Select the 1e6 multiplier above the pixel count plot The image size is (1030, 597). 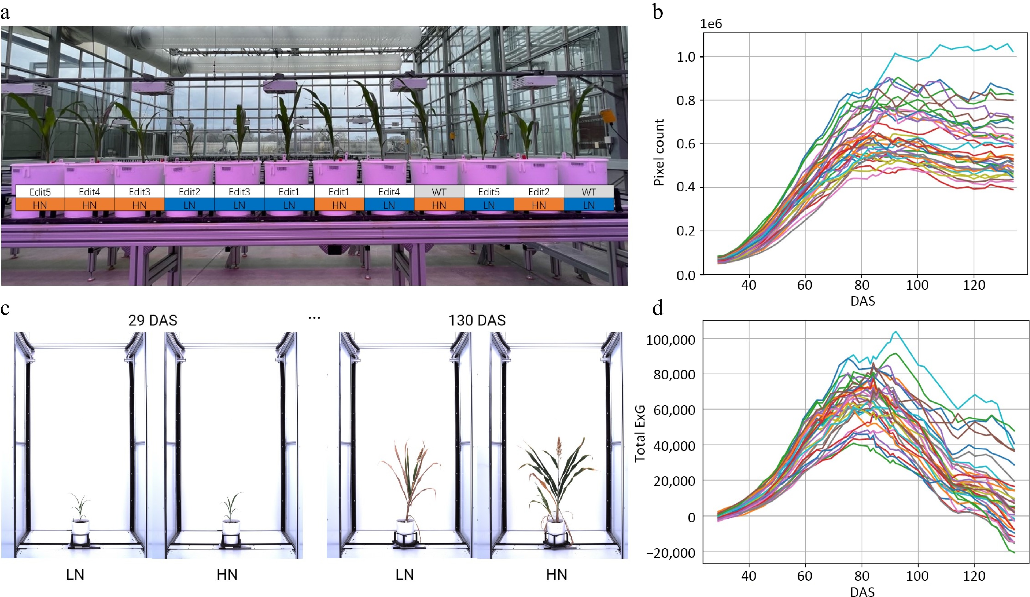click(x=711, y=24)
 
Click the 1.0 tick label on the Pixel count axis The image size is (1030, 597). click(x=686, y=57)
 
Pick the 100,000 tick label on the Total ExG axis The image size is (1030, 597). click(x=670, y=340)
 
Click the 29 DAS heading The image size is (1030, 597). click(x=153, y=320)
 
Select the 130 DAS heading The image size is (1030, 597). click(x=477, y=320)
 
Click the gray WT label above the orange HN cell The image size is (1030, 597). click(x=439, y=192)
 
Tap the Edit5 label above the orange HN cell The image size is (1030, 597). click(x=40, y=192)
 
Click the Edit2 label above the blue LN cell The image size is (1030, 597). click(x=189, y=192)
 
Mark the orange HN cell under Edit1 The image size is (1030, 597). click(x=339, y=205)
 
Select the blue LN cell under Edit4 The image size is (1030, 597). click(x=389, y=205)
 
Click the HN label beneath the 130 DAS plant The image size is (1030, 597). click(x=556, y=575)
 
